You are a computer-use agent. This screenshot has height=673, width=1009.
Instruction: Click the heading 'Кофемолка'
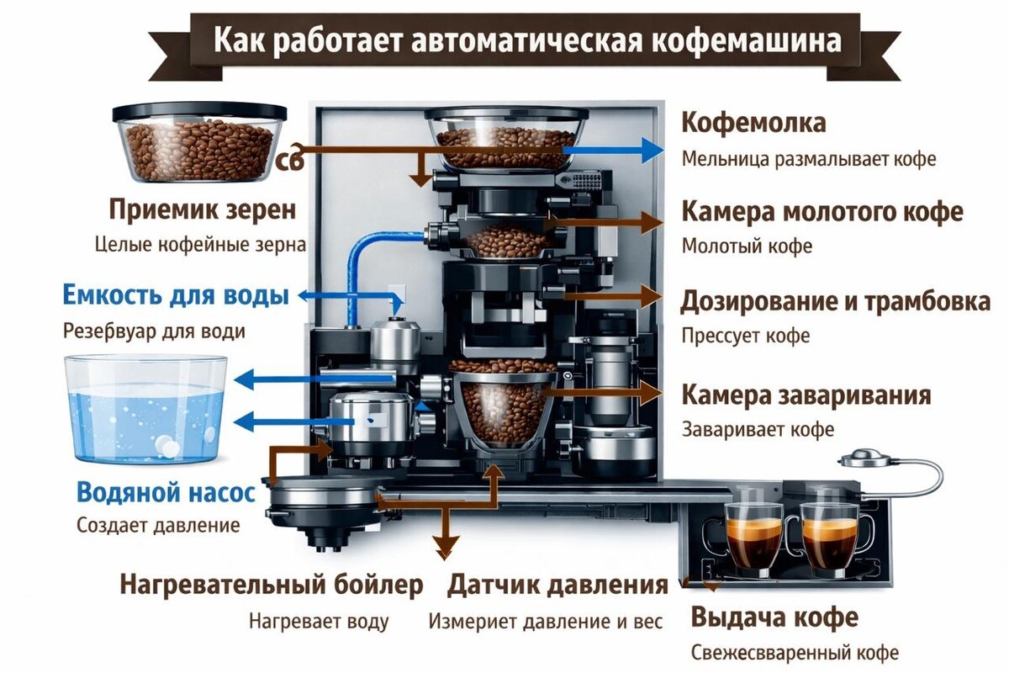click(753, 123)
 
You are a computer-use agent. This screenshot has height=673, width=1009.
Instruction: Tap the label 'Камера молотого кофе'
click(822, 212)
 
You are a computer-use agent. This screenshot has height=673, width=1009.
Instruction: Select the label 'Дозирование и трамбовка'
click(835, 301)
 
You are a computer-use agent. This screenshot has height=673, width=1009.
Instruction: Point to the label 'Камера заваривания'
click(806, 395)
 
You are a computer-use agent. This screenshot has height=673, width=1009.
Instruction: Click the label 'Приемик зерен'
click(203, 209)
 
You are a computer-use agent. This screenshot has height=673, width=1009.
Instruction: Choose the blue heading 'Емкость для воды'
click(176, 296)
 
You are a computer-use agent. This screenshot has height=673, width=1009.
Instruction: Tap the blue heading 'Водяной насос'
click(166, 491)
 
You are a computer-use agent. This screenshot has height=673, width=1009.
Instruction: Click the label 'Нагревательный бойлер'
click(271, 585)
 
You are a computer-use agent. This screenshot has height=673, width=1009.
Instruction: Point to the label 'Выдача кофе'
click(774, 617)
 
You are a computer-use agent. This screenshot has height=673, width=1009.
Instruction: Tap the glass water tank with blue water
click(146, 409)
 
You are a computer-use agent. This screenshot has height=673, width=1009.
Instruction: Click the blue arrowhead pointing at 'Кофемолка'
click(651, 150)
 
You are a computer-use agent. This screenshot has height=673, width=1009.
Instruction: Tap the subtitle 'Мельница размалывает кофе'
click(808, 159)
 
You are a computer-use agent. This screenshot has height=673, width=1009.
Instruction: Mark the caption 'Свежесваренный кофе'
click(795, 652)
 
